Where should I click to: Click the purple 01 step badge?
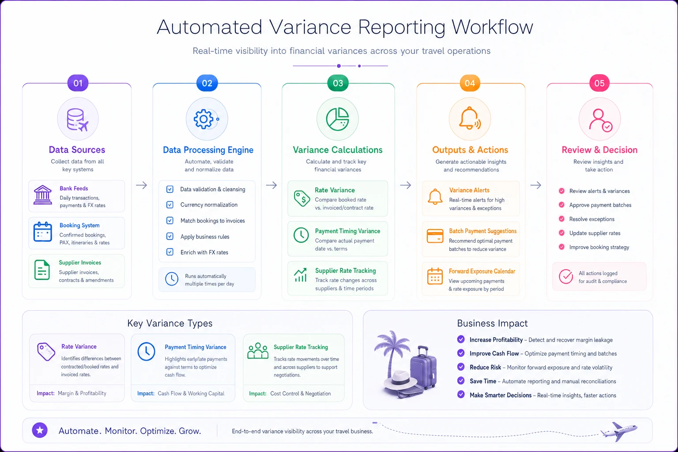click(78, 83)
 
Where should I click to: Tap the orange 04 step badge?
click(470, 83)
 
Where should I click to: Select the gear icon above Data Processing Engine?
click(203, 119)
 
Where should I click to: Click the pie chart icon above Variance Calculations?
click(338, 119)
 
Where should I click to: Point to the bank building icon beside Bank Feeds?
click(42, 195)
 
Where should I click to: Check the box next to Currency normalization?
click(170, 205)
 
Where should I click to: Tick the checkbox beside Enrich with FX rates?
click(170, 252)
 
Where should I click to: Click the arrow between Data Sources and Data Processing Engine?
click(141, 185)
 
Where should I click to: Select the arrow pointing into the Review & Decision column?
click(536, 185)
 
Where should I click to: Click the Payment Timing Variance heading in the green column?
click(347, 231)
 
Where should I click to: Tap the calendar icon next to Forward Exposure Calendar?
click(435, 276)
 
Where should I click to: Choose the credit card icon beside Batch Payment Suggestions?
click(435, 236)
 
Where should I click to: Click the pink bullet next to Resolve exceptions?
click(561, 219)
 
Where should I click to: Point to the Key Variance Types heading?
click(170, 324)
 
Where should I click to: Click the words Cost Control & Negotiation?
click(300, 394)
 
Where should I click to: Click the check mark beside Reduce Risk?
click(461, 367)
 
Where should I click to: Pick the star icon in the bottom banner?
click(40, 430)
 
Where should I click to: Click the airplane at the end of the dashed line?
click(619, 431)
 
